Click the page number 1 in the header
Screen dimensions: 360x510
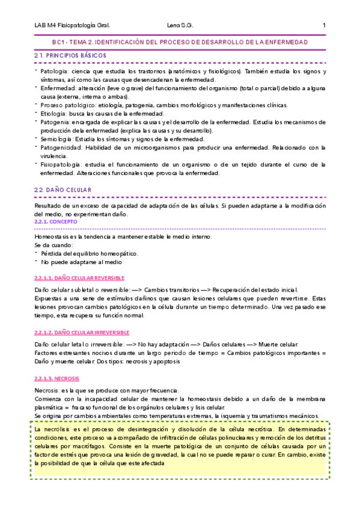click(324, 25)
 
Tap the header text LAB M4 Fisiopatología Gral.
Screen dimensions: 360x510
click(72, 25)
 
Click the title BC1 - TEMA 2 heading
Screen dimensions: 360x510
click(180, 42)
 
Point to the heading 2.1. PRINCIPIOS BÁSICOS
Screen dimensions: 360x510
click(70, 55)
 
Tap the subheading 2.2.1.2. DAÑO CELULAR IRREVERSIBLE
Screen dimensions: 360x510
click(82, 333)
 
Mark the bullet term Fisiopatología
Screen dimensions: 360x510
click(60, 164)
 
